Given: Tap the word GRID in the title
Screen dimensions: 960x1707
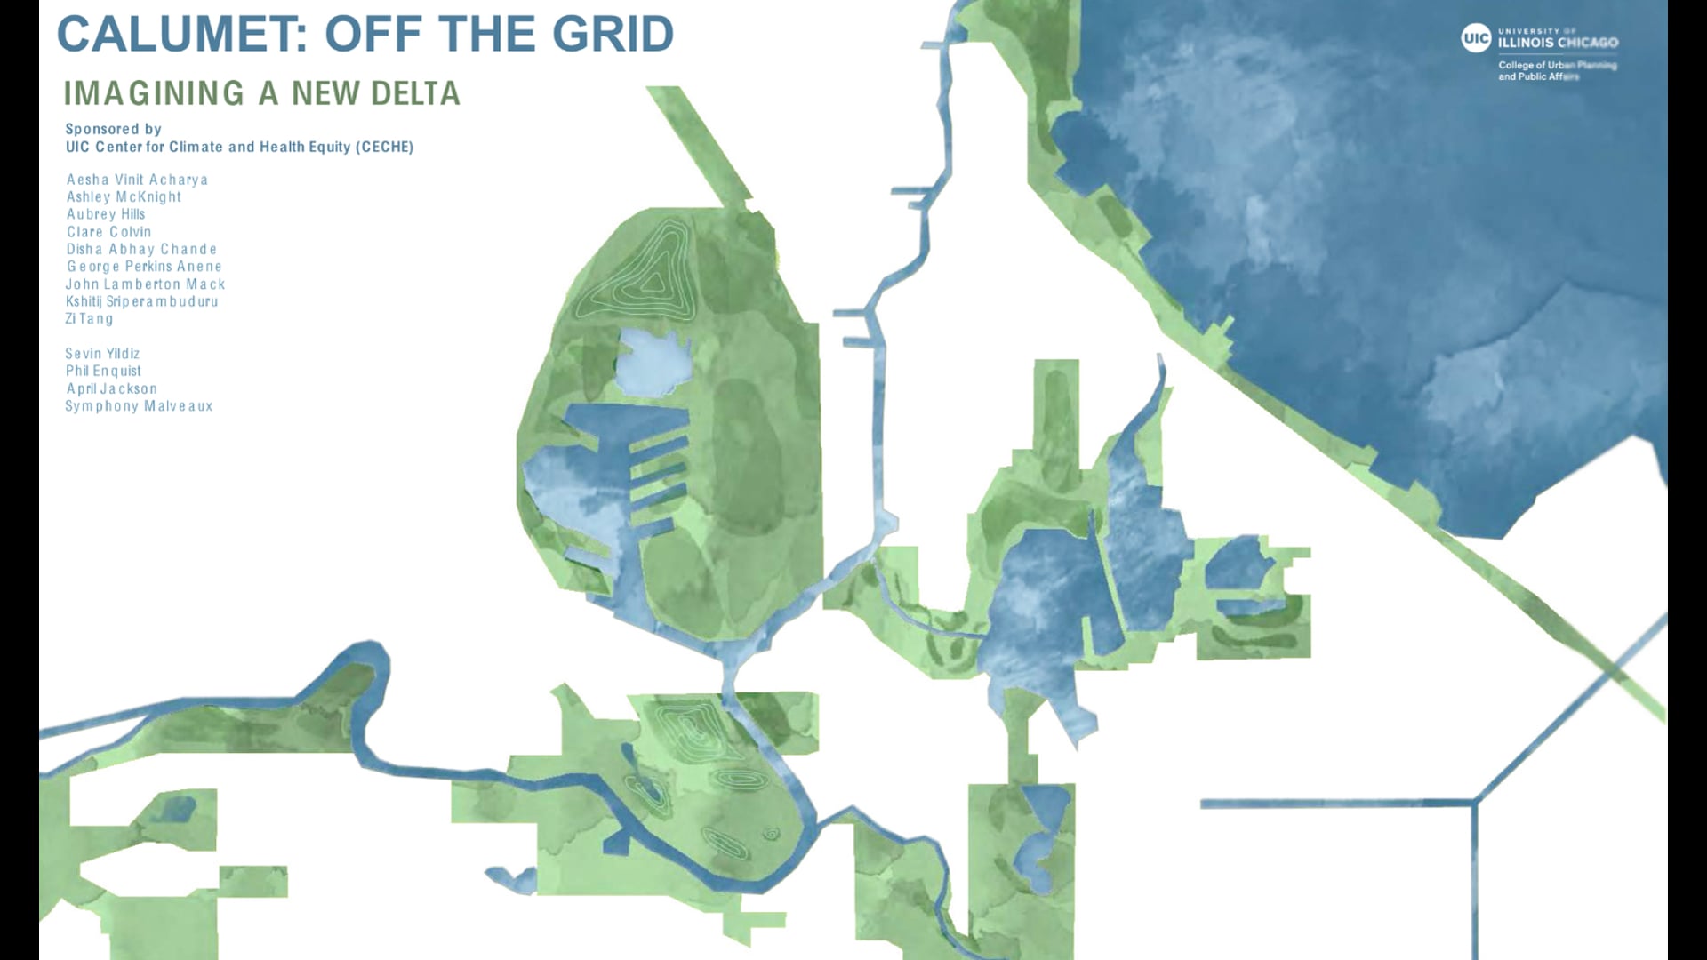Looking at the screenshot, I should click(x=613, y=35).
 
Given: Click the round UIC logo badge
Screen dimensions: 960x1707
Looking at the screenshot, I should click(x=1476, y=38).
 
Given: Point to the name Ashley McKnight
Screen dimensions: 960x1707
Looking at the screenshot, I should click(x=124, y=196).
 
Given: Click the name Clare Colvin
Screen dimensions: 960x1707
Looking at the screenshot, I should click(x=108, y=232).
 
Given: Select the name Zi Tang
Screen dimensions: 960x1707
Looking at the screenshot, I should click(x=89, y=318).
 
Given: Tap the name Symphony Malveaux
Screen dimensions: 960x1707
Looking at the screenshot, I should click(x=139, y=406).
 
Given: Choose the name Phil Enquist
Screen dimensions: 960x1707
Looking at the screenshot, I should click(x=103, y=371).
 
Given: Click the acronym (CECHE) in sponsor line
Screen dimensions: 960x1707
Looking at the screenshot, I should click(x=384, y=147).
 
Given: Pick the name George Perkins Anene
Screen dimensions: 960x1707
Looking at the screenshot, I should click(x=144, y=267).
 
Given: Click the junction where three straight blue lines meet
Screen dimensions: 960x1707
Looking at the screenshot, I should click(x=1473, y=804).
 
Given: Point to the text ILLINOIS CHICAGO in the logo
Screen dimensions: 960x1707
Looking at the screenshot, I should click(x=1558, y=43).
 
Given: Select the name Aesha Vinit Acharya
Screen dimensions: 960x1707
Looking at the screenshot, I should click(x=137, y=180).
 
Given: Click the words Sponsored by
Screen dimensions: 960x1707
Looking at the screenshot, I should click(x=113, y=129).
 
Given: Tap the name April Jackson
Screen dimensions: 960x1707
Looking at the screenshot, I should click(x=112, y=388).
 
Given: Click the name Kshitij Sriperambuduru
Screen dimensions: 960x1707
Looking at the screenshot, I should click(x=141, y=301).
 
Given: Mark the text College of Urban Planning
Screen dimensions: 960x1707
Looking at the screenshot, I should click(x=1557, y=65).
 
